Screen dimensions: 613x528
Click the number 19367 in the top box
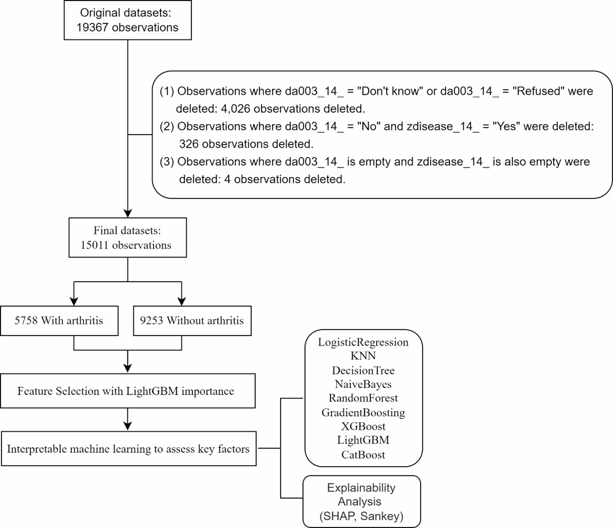92,27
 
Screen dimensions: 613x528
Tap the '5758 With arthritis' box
59,321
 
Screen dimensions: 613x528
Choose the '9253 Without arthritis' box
192,321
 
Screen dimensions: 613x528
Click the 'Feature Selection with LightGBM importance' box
128,391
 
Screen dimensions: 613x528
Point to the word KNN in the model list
363,356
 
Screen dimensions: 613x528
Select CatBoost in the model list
363,455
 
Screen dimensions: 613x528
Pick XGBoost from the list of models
363,426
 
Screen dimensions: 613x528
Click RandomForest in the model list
363,398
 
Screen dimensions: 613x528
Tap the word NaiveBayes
363,384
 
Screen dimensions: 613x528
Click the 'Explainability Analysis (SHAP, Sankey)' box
362,501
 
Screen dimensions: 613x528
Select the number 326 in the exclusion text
189,144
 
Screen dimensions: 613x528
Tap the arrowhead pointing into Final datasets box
128,213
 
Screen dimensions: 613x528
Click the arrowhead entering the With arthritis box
74,302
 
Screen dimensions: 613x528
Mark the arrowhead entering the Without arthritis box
182,302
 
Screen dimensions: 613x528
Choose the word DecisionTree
363,370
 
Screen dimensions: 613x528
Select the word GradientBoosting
363,413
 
